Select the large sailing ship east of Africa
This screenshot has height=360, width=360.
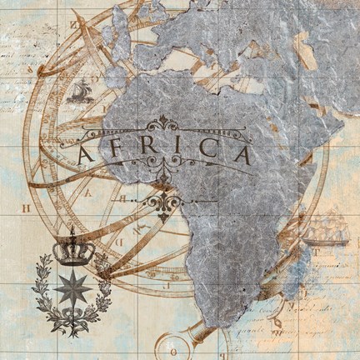327,227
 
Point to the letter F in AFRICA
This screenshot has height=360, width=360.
118,154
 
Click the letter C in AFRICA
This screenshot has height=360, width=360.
205,154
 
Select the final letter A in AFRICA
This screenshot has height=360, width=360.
239,155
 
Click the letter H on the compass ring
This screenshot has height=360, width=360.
25,206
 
